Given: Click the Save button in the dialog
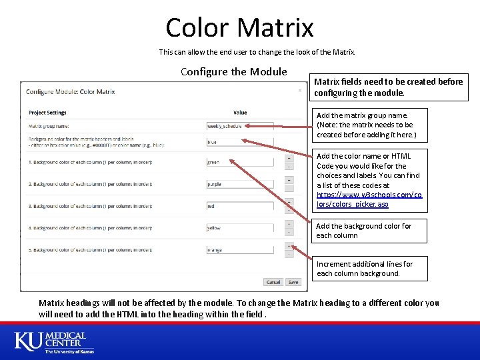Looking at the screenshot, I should tap(293, 282).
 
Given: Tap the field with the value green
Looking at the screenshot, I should tap(240, 162).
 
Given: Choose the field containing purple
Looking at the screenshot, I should tap(240, 184).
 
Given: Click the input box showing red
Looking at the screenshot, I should tap(240, 206).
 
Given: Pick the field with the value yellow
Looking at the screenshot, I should tap(240, 228).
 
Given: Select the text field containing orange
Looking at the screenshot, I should tap(240, 250).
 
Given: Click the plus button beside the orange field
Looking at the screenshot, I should tap(289, 246).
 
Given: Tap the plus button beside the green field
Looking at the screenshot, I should tap(289, 158).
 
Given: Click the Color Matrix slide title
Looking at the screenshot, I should tap(239, 27).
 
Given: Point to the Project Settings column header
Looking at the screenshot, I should tap(47, 113).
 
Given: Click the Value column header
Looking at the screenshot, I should tap(240, 113).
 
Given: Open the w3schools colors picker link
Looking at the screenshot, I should tap(369, 199).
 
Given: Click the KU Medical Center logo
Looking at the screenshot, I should tap(54, 342).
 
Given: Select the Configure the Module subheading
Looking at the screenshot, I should tap(233, 71).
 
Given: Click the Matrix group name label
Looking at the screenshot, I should tap(49, 125).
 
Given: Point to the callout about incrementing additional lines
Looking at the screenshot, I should tap(364, 269).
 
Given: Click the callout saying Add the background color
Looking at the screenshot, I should tap(364, 231).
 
